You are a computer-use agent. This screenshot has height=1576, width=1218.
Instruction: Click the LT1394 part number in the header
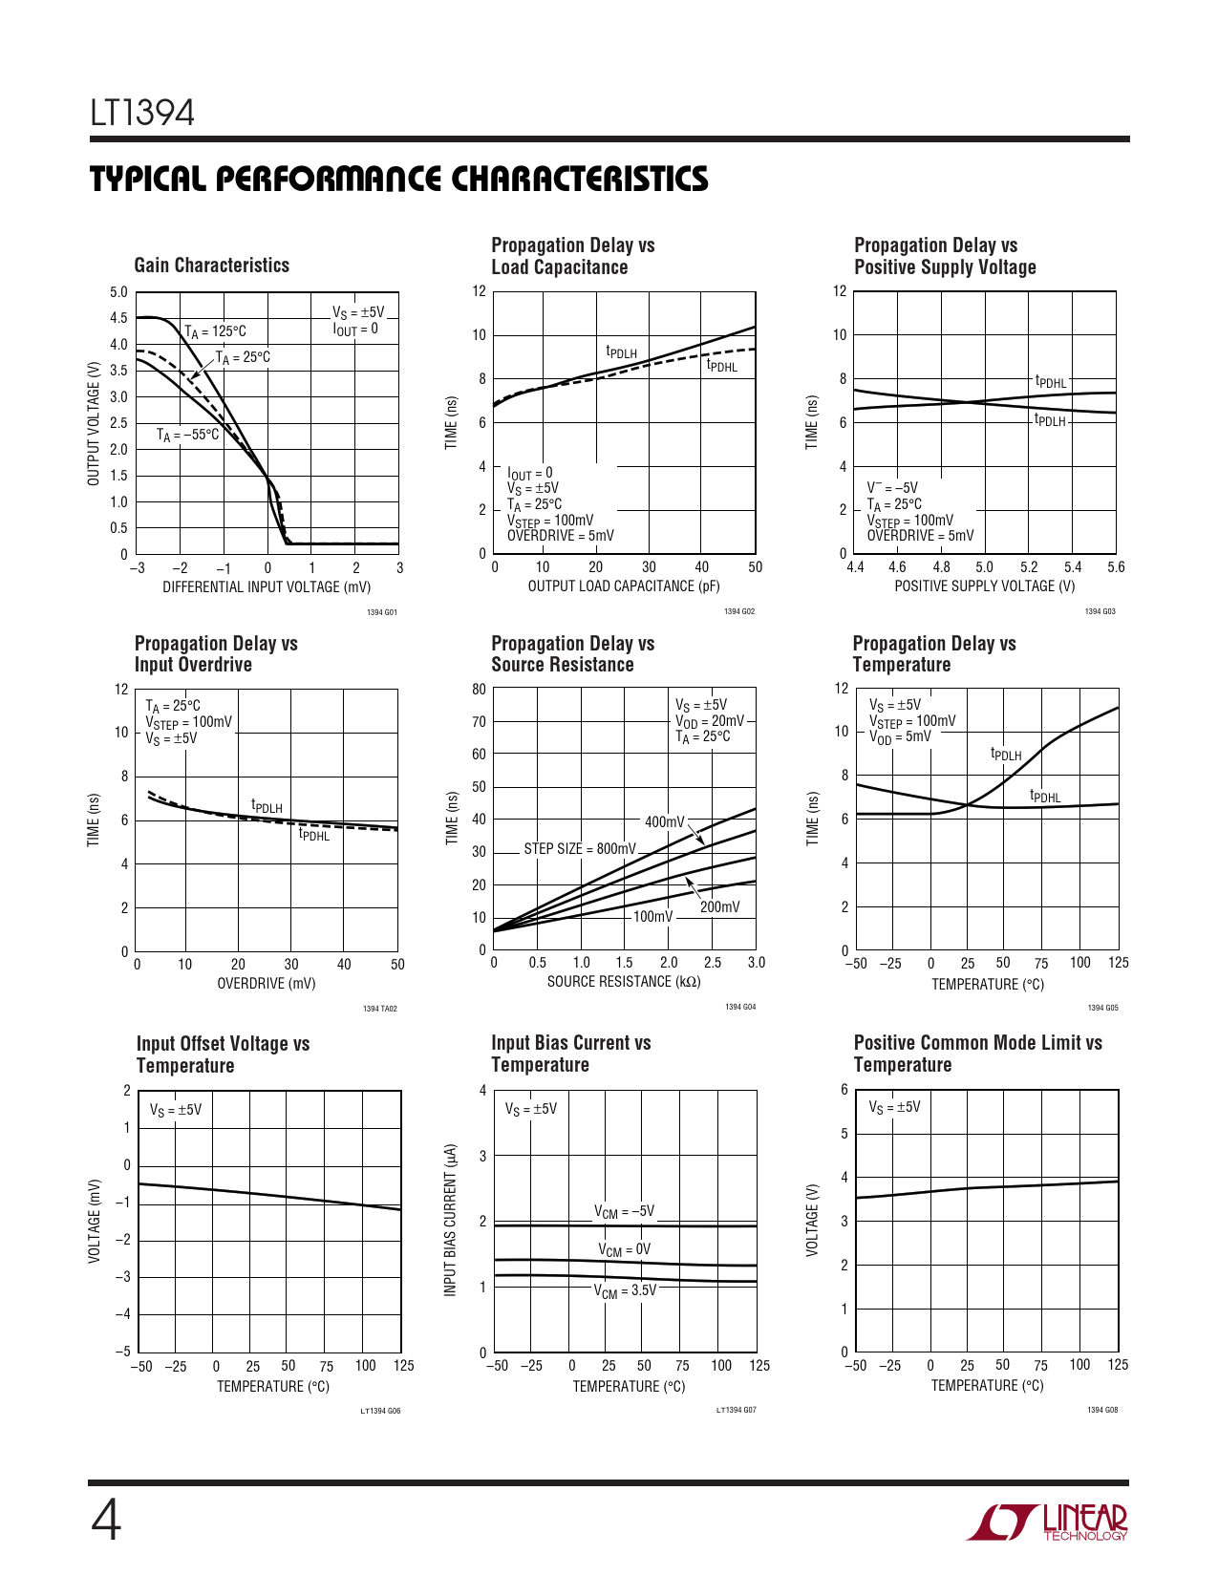click(x=142, y=113)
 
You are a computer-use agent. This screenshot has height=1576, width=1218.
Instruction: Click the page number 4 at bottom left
click(x=106, y=1521)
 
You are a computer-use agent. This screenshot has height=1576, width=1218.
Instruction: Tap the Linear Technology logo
click(x=1047, y=1522)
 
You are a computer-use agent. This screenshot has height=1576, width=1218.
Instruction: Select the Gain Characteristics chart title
click(x=212, y=266)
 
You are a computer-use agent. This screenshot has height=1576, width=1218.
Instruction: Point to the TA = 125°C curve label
click(x=216, y=332)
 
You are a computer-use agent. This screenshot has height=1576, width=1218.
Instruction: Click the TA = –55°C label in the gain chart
click(x=188, y=436)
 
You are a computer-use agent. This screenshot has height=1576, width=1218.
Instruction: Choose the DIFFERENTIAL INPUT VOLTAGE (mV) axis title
click(x=267, y=586)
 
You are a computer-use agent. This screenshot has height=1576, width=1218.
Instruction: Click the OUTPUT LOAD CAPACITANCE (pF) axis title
click(x=624, y=586)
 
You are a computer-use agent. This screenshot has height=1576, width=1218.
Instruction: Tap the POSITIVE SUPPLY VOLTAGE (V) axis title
click(x=984, y=586)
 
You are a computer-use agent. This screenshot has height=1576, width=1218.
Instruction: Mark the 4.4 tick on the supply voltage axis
click(x=855, y=567)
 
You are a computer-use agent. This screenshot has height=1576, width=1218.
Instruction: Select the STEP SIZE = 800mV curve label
click(x=580, y=848)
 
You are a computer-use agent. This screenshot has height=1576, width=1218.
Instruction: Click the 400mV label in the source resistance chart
click(x=665, y=821)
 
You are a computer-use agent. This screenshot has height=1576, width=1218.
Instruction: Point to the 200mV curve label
click(x=719, y=906)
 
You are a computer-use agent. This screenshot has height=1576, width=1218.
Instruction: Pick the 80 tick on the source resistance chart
click(x=479, y=689)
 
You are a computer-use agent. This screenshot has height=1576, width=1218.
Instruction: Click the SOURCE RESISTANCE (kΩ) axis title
click(x=624, y=981)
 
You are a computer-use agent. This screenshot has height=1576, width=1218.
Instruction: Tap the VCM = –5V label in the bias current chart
click(x=625, y=1212)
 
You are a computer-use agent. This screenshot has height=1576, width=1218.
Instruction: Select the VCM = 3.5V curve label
click(x=626, y=1291)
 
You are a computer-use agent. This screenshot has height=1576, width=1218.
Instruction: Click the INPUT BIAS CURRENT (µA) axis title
click(x=451, y=1221)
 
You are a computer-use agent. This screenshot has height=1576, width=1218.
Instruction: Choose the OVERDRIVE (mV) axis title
click(x=267, y=984)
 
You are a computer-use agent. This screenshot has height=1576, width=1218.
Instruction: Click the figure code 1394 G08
click(x=1102, y=1410)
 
